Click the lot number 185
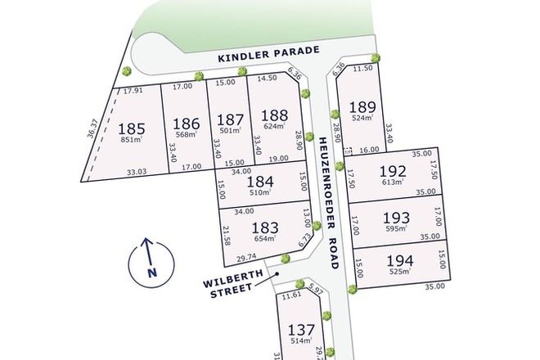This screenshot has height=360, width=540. (132, 128)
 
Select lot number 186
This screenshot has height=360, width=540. (187, 124)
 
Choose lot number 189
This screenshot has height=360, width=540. (362, 107)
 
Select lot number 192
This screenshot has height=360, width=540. (392, 171)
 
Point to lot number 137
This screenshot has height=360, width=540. (302, 331)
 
